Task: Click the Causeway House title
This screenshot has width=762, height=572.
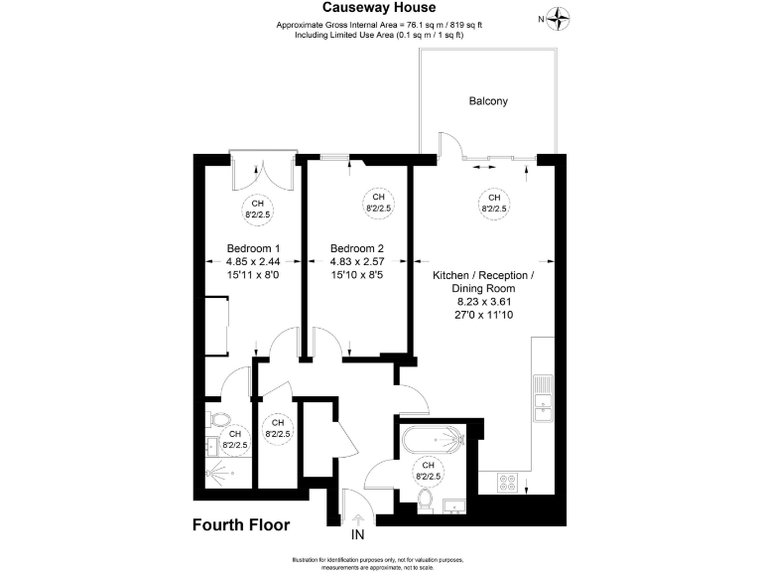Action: [x=382, y=8]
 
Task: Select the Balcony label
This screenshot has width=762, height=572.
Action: [x=487, y=101]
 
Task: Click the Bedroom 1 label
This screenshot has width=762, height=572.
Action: [x=253, y=248]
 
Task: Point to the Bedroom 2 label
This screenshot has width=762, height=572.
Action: [x=357, y=248]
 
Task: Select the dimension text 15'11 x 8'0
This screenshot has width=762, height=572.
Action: [x=253, y=275]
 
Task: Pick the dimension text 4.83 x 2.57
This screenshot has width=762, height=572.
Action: [x=357, y=262]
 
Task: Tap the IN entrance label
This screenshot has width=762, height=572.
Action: [x=358, y=534]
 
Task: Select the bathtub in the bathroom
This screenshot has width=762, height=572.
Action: [x=433, y=438]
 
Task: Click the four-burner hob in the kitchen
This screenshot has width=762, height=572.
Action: [x=507, y=483]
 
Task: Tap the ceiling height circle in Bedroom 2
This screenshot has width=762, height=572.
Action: [x=378, y=204]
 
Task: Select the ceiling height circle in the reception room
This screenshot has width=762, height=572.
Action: [x=493, y=204]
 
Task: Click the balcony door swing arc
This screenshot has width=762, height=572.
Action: [x=448, y=144]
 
